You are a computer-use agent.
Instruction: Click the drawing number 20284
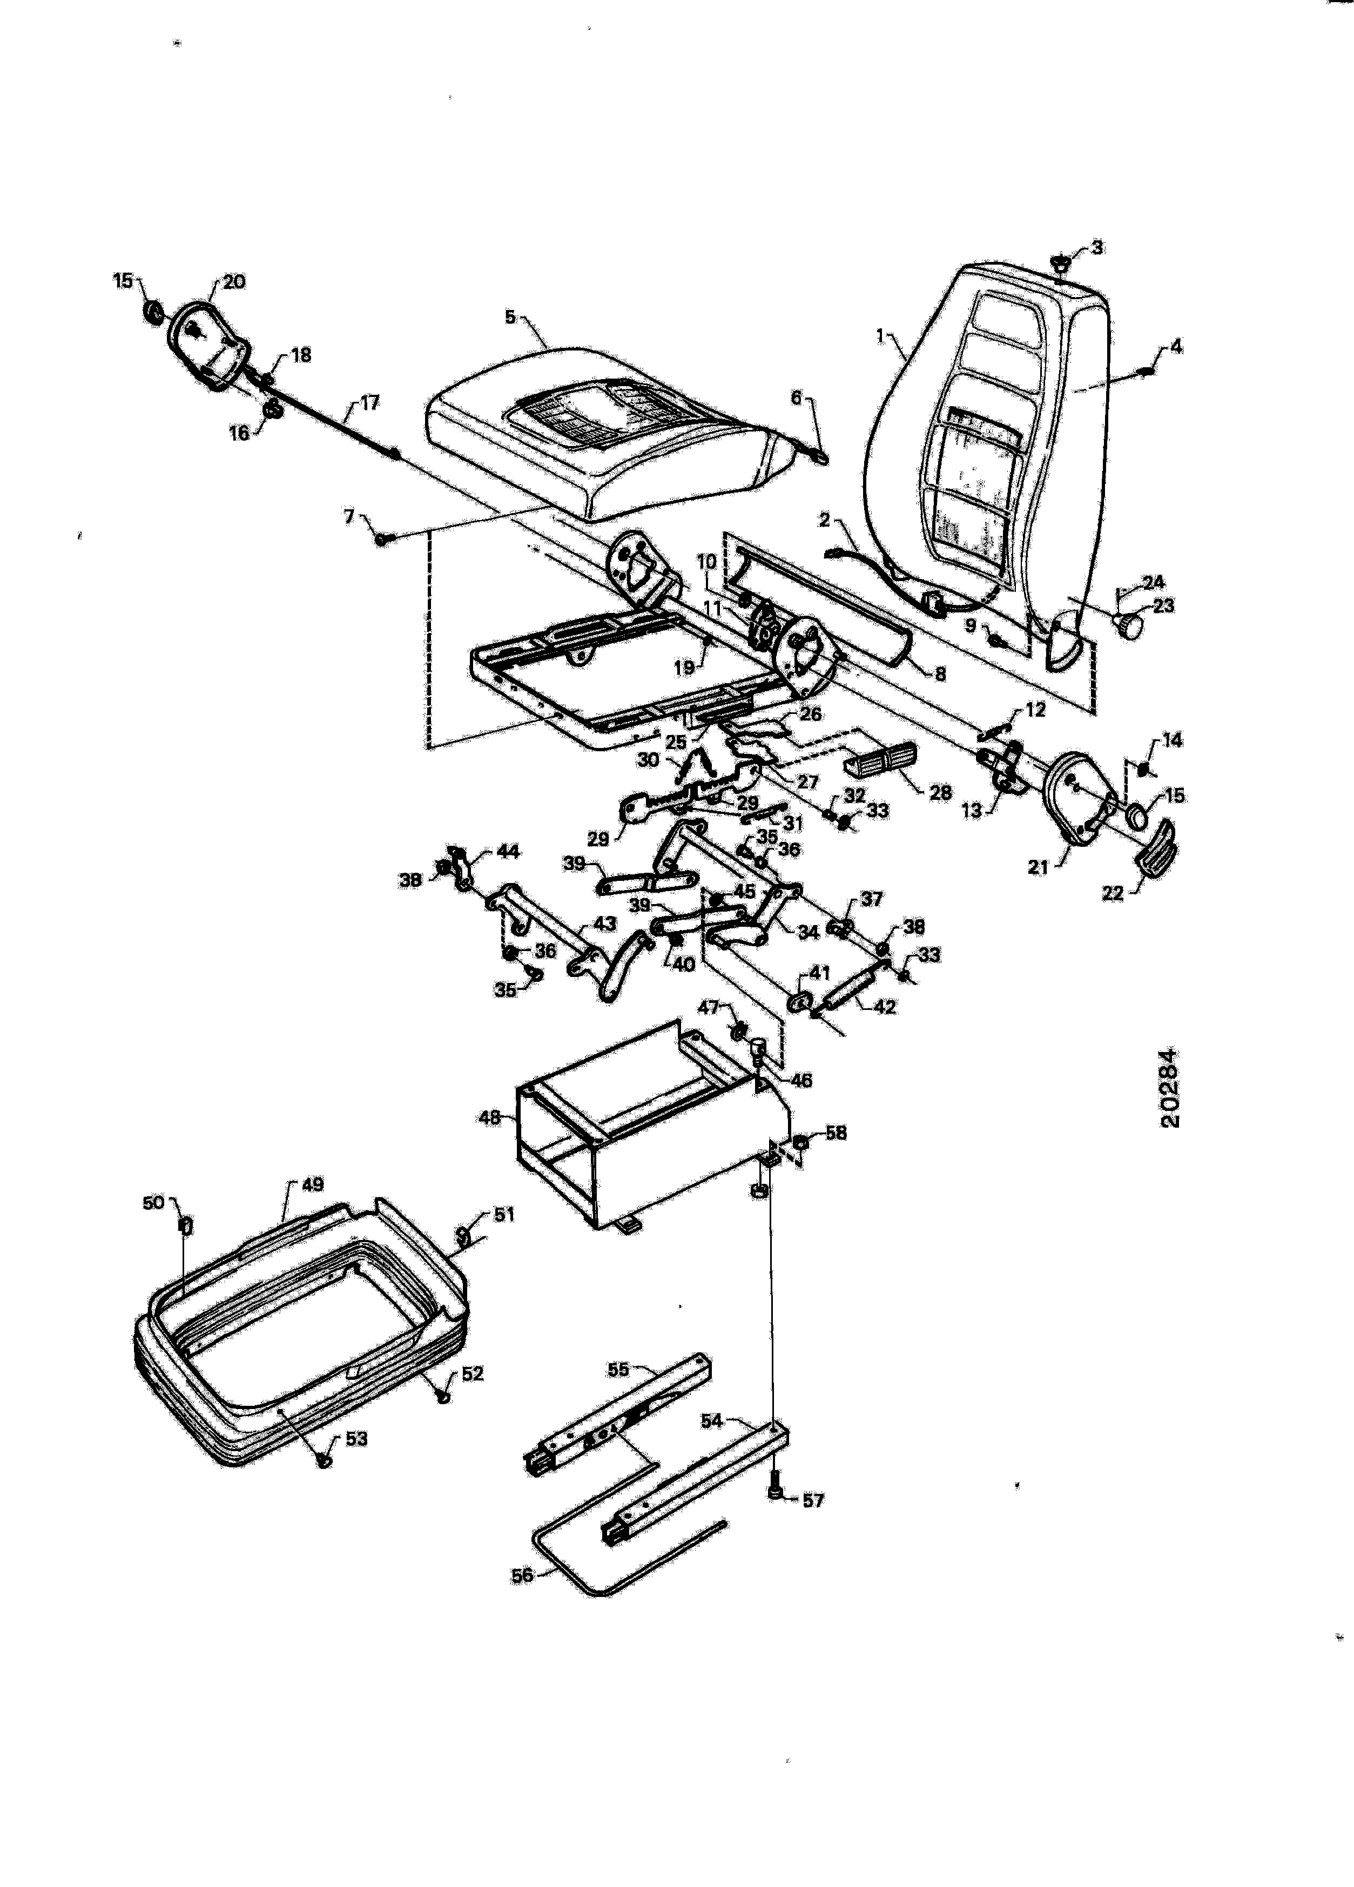click(1169, 1088)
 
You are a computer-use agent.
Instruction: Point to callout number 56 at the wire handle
click(522, 1576)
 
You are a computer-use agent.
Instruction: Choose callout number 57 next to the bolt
click(812, 1500)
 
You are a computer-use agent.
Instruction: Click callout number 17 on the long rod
click(369, 403)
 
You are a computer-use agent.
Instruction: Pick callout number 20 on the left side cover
click(235, 282)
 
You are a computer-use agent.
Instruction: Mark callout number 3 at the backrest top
click(1097, 247)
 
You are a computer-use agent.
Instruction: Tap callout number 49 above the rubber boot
click(312, 1184)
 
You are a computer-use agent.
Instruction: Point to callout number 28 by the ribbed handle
click(940, 792)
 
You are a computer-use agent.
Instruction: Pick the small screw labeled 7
click(382, 539)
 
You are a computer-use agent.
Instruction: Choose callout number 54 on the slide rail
click(711, 1420)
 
